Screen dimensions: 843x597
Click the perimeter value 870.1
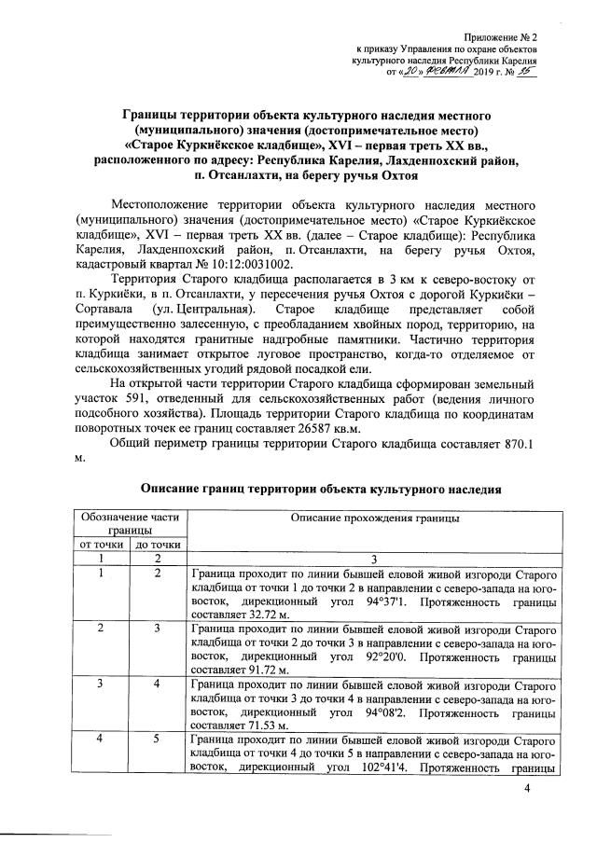[517, 444]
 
